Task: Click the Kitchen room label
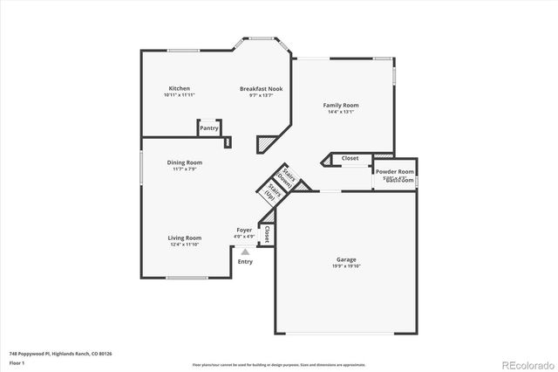[180, 88]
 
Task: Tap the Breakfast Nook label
[261, 88]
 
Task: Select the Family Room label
[343, 105]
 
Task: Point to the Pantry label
[209, 128]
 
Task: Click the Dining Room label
[185, 162]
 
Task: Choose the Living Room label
[185, 238]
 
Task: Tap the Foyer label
[244, 230]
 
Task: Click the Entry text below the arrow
[245, 261]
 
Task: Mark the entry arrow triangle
[245, 252]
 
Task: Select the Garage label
[347, 259]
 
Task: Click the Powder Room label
[394, 172]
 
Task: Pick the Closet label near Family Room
[350, 158]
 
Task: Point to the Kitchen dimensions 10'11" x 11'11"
[180, 94]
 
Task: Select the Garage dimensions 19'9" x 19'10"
[347, 265]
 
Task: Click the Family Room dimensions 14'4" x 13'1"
[342, 112]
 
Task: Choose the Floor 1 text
[17, 362]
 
